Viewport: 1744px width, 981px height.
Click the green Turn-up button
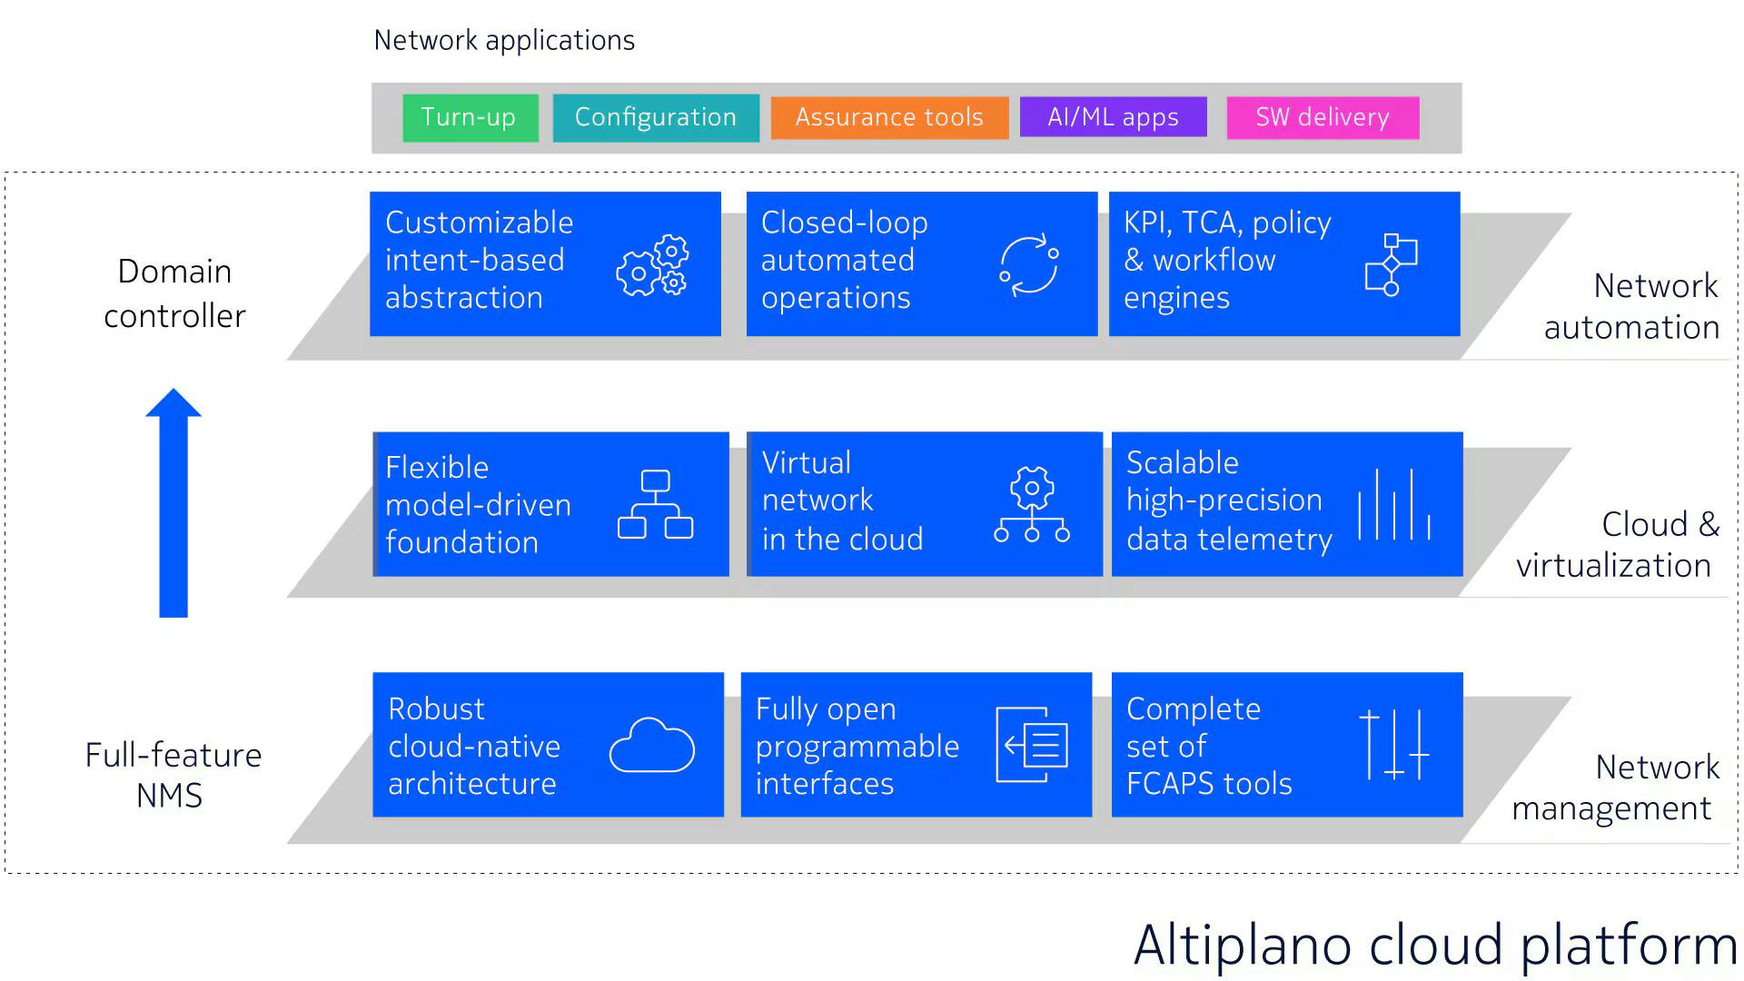470,118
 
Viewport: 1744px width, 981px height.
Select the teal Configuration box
655,118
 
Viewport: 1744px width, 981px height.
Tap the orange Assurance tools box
889,118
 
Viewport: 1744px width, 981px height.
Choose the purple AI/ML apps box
1113,118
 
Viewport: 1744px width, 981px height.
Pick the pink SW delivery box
1323,118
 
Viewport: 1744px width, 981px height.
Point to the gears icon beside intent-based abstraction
653,265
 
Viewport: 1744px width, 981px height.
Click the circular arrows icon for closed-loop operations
1029,265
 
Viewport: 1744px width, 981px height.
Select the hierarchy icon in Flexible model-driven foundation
655,504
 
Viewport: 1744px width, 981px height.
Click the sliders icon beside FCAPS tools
1394,745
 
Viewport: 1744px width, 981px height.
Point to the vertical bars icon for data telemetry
1394,505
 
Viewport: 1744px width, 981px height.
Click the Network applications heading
504,41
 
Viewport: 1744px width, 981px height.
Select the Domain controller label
174,293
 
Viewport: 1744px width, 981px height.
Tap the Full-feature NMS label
173,775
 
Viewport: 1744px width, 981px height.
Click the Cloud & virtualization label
1617,544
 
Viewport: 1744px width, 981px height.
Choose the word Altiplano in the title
1244,946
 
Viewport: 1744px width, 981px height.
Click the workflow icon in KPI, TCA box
1391,265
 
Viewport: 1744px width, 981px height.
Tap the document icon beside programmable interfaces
1032,745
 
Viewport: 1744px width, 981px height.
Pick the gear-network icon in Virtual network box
1032,505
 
